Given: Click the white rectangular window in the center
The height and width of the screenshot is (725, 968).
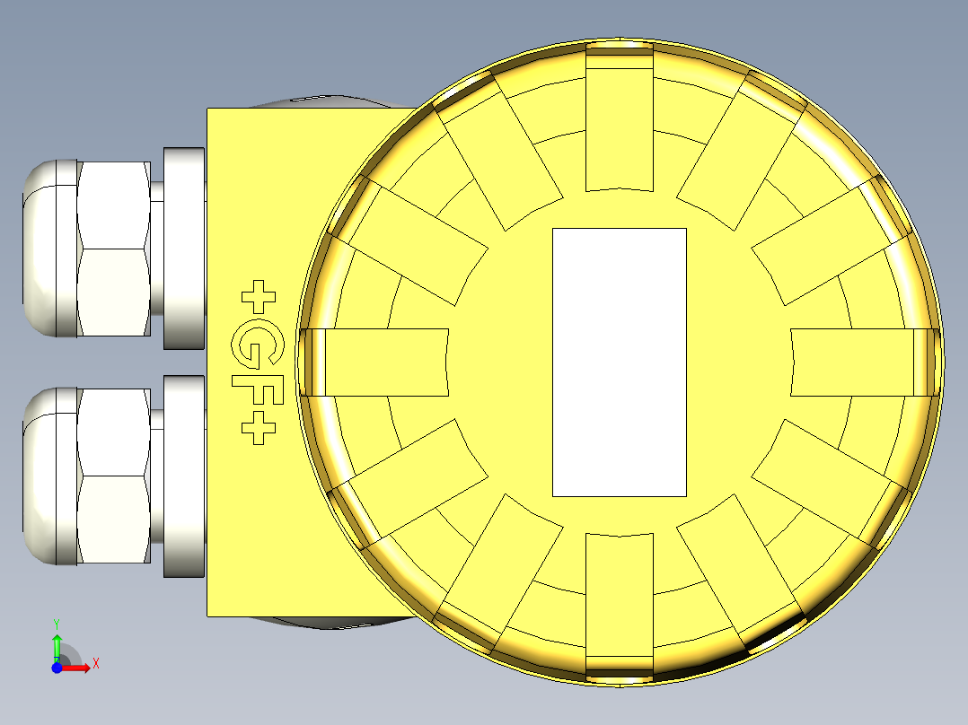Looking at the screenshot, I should point(619,362).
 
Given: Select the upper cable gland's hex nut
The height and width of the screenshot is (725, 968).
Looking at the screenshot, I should point(113,249).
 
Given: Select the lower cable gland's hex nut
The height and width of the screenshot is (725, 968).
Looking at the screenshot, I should point(113,476).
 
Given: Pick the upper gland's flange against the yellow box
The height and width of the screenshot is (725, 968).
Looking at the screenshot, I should point(184,249).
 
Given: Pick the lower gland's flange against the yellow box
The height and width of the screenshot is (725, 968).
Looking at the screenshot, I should point(184,476).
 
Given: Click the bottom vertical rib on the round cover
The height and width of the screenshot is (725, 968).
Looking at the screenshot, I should point(619,606).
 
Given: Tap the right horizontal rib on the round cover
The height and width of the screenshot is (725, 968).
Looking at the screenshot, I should point(858,362).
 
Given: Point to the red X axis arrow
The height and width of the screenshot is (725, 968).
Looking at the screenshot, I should point(77,667).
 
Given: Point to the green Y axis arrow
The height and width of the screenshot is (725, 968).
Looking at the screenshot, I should point(57,646).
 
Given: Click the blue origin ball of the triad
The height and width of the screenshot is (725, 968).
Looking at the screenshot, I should point(57,668).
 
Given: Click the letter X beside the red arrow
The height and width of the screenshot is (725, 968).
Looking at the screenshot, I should point(95,664).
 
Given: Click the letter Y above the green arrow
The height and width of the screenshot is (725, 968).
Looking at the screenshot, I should point(56,623).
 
